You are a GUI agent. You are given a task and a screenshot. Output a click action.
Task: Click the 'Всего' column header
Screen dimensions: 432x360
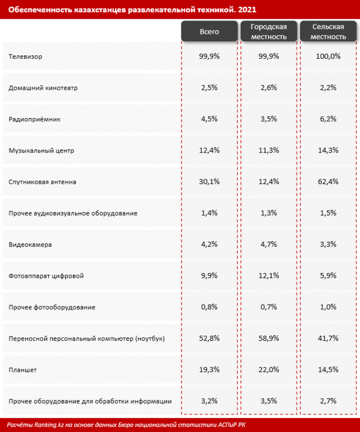pyautogui.click(x=209, y=32)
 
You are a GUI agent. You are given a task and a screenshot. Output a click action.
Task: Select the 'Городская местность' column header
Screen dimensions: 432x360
pyautogui.click(x=269, y=32)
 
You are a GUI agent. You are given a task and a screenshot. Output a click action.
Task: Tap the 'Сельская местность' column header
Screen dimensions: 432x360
pyautogui.click(x=328, y=32)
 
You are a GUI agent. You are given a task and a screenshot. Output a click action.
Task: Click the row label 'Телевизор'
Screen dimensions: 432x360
pyautogui.click(x=25, y=56)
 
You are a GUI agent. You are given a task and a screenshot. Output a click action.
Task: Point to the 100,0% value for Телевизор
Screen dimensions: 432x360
pyautogui.click(x=328, y=56)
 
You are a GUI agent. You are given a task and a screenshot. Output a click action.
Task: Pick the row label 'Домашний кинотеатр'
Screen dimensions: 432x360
pyautogui.click(x=43, y=88)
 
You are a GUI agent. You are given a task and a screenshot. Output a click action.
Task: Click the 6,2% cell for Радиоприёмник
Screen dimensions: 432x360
pyautogui.click(x=328, y=119)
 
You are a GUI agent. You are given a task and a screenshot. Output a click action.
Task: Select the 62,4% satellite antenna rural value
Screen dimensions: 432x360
pyautogui.click(x=328, y=182)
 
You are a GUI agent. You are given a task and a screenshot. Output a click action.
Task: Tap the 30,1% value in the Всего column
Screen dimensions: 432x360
pyautogui.click(x=209, y=182)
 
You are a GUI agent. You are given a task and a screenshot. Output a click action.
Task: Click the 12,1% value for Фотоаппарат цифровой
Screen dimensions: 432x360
pyautogui.click(x=269, y=276)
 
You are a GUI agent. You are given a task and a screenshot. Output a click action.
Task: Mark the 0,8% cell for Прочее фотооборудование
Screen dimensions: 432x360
pyautogui.click(x=209, y=307)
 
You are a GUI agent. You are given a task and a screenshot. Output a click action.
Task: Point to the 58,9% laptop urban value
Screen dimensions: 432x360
pyautogui.click(x=269, y=339)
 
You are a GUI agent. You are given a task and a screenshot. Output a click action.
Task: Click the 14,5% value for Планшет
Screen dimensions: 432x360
pyautogui.click(x=328, y=370)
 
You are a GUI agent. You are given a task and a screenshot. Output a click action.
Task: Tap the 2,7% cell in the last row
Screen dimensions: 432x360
pyautogui.click(x=328, y=401)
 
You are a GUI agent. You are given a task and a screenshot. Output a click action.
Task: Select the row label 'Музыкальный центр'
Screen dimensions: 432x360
pyautogui.click(x=41, y=151)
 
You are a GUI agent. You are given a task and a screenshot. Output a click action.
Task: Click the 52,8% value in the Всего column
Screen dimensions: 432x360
pyautogui.click(x=209, y=339)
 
